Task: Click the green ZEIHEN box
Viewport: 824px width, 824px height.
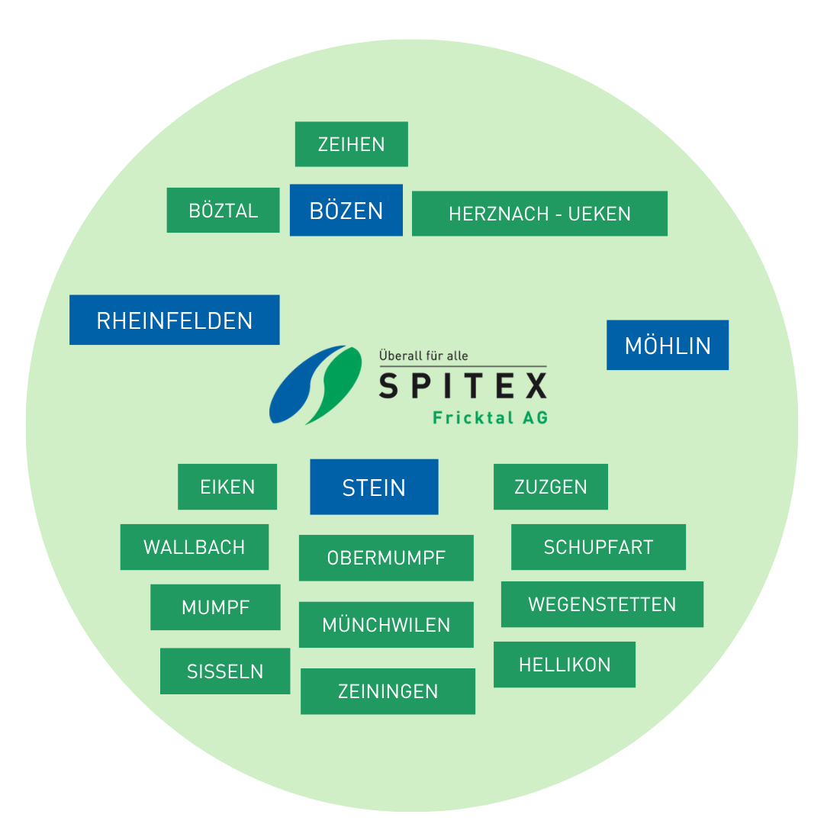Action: pos(351,144)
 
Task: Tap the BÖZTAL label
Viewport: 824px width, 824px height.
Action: pos(223,210)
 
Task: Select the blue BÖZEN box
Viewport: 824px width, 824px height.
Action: pos(346,211)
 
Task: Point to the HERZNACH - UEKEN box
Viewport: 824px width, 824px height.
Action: pos(539,214)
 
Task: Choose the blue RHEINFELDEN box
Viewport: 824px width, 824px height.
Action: pos(174,320)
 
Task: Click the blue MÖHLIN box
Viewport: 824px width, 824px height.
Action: pos(668,346)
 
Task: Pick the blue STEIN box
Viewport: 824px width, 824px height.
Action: pos(374,488)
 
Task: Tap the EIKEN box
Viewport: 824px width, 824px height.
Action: pos(227,487)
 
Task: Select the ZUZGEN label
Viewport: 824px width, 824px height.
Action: pos(550,487)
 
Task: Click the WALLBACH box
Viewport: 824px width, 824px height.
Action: pos(194,547)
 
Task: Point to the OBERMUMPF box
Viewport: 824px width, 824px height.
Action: pos(386,558)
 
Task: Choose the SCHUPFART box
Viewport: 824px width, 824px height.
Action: pos(598,547)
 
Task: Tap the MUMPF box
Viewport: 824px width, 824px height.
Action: pos(215,607)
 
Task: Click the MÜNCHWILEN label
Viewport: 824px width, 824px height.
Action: pos(386,625)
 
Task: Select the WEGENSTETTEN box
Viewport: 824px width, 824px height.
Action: pos(602,604)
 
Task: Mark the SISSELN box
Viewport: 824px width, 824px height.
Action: pos(225,671)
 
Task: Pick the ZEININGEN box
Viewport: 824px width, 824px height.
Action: pos(388,691)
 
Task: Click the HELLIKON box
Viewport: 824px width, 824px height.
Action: pos(565,665)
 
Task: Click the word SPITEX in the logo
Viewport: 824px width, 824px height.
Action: pos(463,386)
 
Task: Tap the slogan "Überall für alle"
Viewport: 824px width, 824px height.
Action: pos(423,356)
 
